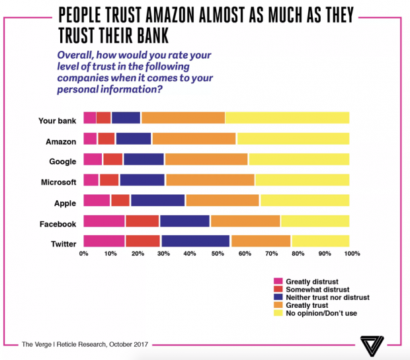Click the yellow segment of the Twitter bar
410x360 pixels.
tap(320, 241)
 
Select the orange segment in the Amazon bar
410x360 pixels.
tap(194, 139)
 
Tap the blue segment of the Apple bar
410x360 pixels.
tap(157, 200)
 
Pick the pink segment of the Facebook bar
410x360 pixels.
tap(104, 221)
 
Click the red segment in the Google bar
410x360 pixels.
tap(112, 159)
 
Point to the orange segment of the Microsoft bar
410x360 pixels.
tap(210, 180)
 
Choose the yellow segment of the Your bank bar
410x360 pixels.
tap(287, 118)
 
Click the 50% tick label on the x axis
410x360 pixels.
tap(217, 254)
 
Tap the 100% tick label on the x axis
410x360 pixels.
tap(352, 254)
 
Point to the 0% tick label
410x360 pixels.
tap(84, 254)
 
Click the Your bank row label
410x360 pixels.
tap(58, 121)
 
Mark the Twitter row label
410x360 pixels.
tap(63, 244)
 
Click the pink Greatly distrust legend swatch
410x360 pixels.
tap(278, 281)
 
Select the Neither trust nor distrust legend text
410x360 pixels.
tap(327, 297)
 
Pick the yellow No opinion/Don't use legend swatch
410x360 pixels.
tap(278, 313)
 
